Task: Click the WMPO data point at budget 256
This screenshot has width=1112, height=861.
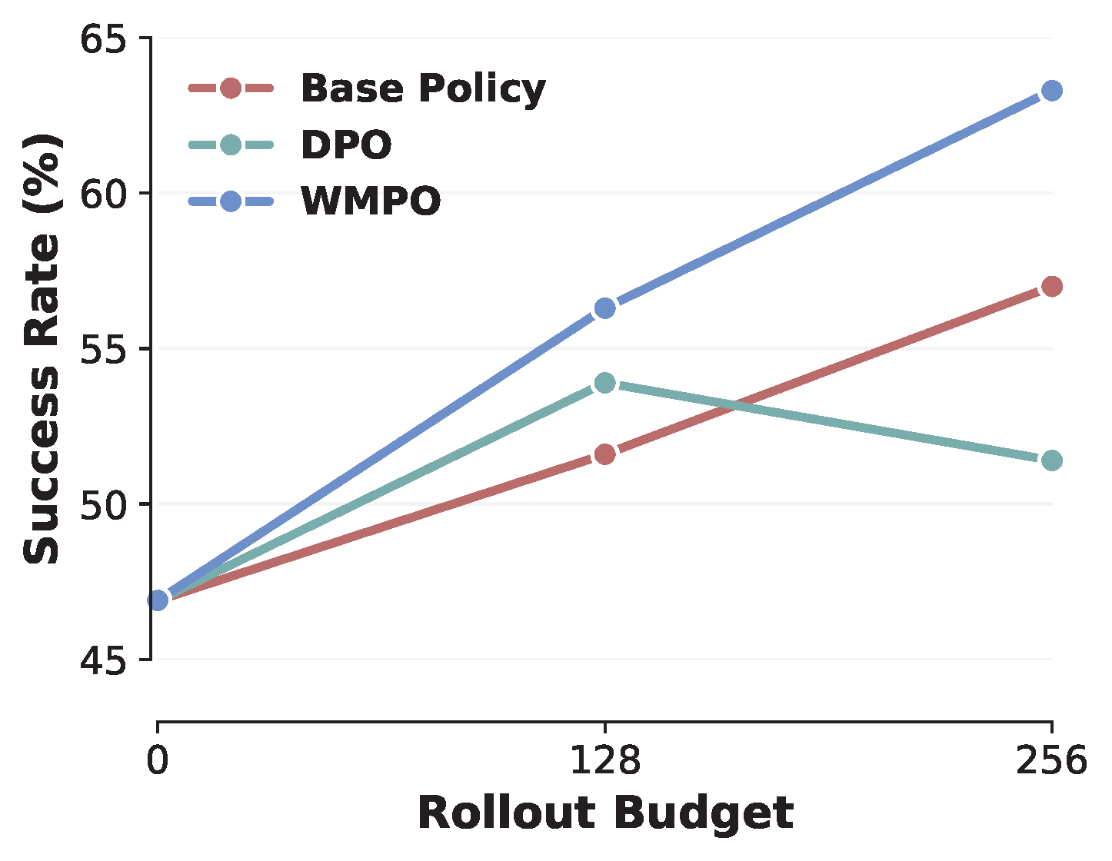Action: pos(1052,91)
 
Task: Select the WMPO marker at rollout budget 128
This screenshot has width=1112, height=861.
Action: pos(605,308)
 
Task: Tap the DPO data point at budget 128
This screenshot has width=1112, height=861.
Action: pos(605,383)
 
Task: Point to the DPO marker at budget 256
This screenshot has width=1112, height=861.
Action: pos(1052,460)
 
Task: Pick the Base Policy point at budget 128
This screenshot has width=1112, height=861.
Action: pos(605,454)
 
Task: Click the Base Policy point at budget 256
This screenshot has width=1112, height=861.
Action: pos(1052,287)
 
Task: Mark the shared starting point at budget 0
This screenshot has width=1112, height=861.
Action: pos(158,600)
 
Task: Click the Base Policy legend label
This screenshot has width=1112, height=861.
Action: pos(423,88)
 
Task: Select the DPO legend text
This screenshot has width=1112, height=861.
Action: pos(346,145)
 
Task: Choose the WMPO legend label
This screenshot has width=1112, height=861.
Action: pos(371,201)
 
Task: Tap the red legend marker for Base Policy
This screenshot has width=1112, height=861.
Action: pos(231,88)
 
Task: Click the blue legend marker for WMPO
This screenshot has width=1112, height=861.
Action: pos(231,201)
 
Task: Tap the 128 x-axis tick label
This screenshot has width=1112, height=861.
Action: pos(604,761)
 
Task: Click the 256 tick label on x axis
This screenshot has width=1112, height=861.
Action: pos(1051,761)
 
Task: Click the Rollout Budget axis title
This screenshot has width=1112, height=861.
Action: pos(605,813)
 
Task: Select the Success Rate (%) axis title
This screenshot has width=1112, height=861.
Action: pos(42,349)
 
